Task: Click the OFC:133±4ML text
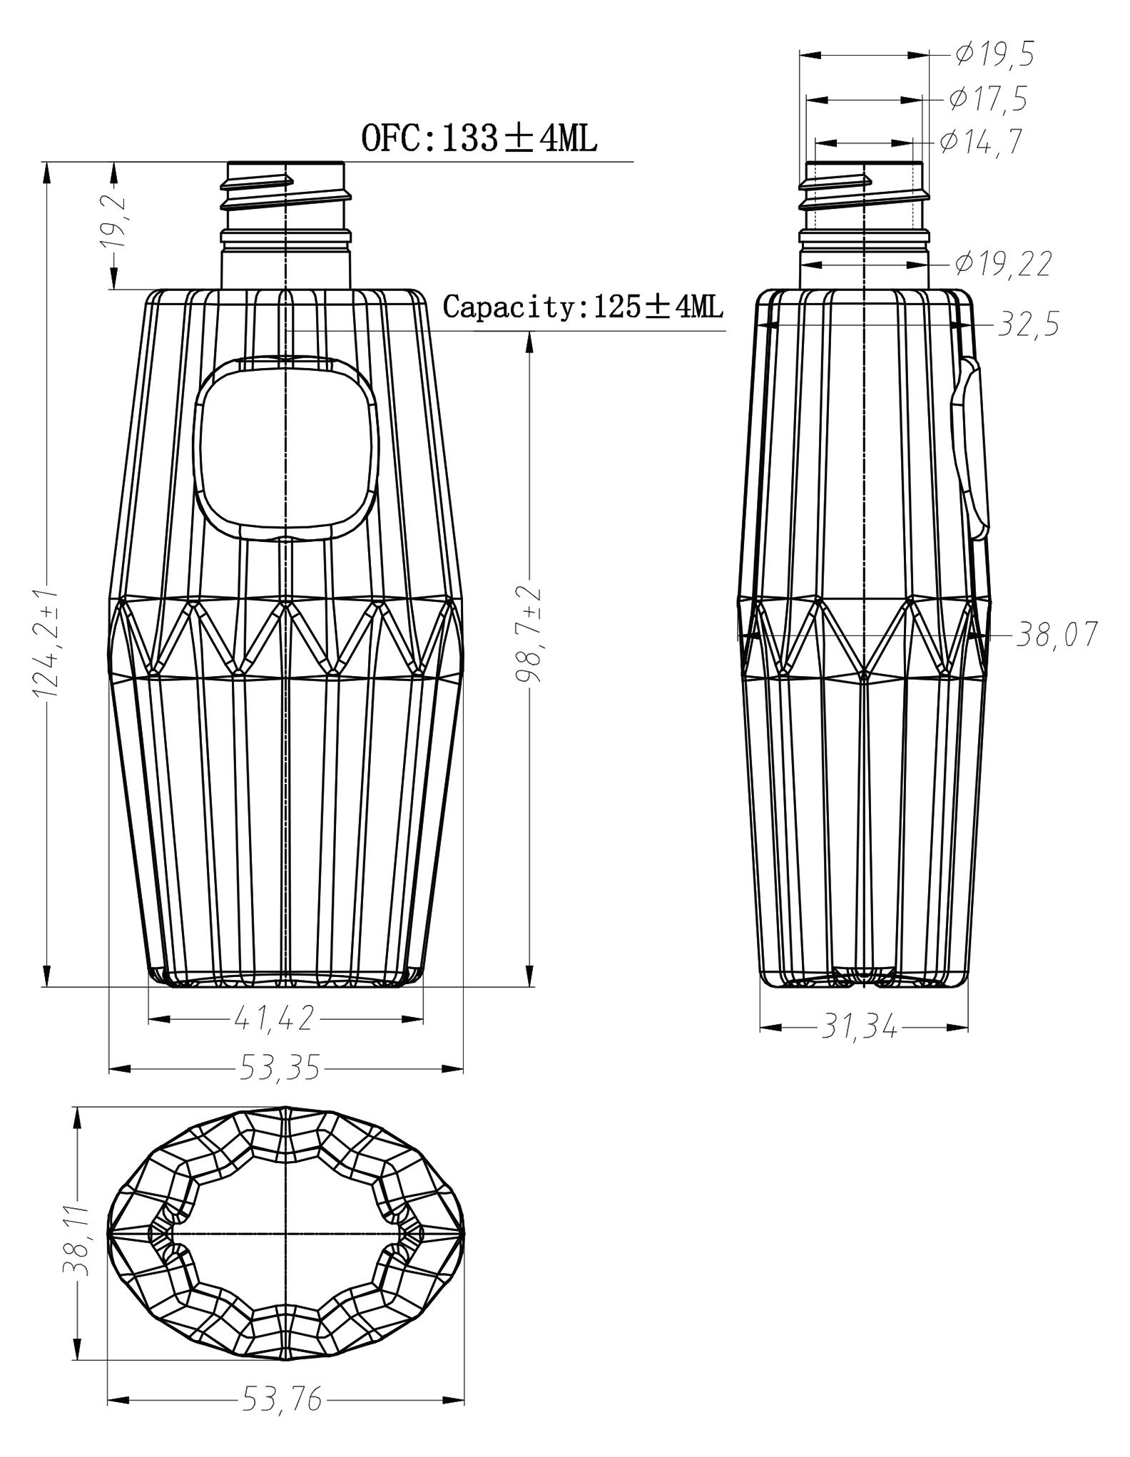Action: point(479,138)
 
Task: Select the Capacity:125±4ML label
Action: point(583,307)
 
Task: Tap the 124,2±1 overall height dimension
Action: point(46,644)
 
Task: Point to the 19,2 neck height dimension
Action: point(115,221)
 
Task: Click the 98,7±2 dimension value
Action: point(529,635)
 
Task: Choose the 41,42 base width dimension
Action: point(274,1018)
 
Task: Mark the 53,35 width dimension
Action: point(278,1068)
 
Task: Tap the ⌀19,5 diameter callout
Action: point(994,54)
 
